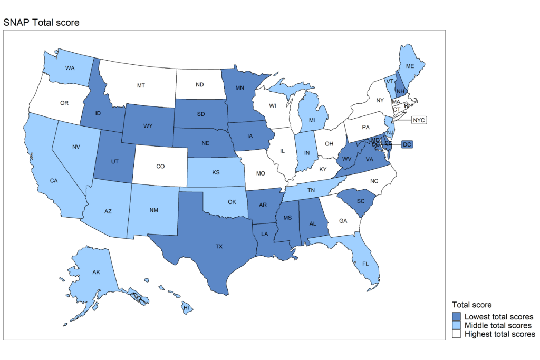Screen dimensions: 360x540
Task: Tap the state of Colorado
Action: (x=160, y=167)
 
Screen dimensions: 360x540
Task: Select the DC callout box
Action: (x=407, y=144)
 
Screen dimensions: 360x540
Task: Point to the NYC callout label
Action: (x=419, y=120)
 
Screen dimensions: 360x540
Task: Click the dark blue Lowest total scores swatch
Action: (x=457, y=317)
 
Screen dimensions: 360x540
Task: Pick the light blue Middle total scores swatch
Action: (x=457, y=325)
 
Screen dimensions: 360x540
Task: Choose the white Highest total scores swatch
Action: (x=457, y=334)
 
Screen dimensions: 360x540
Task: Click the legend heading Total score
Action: (x=471, y=305)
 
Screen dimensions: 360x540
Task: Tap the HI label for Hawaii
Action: (x=186, y=307)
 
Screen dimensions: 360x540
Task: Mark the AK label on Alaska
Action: (x=96, y=273)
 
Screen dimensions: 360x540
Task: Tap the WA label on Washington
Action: (x=70, y=68)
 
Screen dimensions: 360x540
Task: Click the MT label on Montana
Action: (x=141, y=85)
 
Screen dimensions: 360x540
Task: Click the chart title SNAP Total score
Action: (x=41, y=23)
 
